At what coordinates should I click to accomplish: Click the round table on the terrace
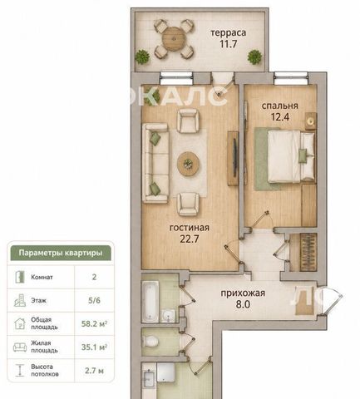click(x=174, y=38)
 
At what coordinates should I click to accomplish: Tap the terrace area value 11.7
click(x=229, y=44)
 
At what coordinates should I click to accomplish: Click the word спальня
click(x=280, y=106)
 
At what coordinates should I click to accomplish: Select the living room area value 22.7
click(x=190, y=239)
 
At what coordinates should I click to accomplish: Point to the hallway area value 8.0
click(x=243, y=304)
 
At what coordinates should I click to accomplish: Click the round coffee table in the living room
click(x=189, y=164)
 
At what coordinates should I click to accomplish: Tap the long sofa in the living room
click(x=155, y=163)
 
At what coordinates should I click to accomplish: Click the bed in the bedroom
click(x=291, y=157)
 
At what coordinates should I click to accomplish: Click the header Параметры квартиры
click(x=61, y=253)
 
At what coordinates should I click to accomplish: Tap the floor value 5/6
click(x=94, y=300)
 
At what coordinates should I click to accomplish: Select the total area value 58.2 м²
click(x=94, y=323)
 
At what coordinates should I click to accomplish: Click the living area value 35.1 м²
click(x=94, y=347)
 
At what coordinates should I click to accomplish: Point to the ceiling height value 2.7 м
click(x=94, y=371)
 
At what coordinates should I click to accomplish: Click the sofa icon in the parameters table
click(x=20, y=347)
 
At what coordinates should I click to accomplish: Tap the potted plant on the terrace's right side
click(x=254, y=57)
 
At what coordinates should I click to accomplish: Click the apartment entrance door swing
click(x=333, y=301)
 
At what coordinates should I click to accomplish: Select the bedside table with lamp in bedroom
click(x=311, y=121)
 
